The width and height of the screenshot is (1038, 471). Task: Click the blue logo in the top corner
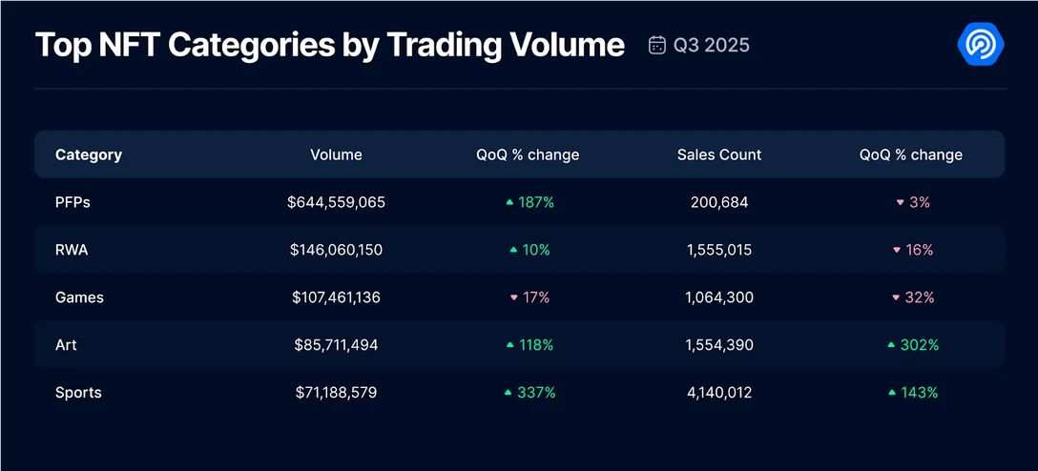(x=980, y=45)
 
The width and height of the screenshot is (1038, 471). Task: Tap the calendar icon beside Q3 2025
(x=656, y=45)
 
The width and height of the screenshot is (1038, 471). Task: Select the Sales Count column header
(x=719, y=154)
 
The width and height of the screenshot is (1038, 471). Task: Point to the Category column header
(x=89, y=154)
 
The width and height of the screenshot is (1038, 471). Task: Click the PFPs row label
(x=73, y=202)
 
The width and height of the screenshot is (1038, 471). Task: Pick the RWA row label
(x=72, y=250)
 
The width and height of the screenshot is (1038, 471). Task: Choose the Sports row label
(x=78, y=393)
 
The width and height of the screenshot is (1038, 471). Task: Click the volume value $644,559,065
(x=336, y=202)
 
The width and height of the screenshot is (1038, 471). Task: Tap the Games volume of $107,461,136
(x=336, y=297)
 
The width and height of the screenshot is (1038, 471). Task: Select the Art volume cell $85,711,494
(x=336, y=345)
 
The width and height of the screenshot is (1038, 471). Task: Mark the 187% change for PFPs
(x=529, y=202)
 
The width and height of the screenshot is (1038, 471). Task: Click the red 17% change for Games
(x=529, y=297)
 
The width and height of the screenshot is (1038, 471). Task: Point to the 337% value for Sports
(x=529, y=393)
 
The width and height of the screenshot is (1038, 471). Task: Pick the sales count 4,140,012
(x=719, y=393)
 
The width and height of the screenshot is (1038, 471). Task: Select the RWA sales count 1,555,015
(x=719, y=250)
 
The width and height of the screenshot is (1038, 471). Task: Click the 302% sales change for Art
(x=913, y=345)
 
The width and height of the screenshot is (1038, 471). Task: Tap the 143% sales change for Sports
(x=913, y=393)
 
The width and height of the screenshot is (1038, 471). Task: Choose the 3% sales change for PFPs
(x=913, y=202)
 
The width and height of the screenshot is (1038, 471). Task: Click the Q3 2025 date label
(x=712, y=45)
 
